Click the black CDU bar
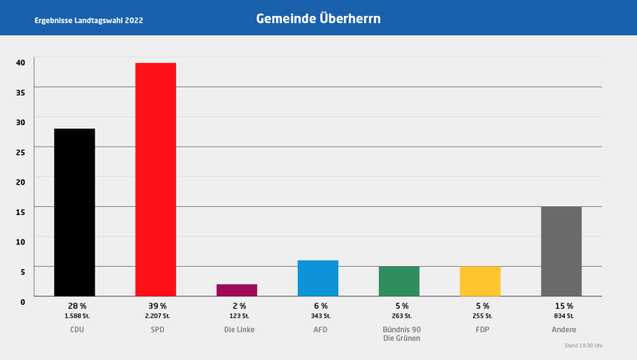74,212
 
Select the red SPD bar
155,179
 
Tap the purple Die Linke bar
236,290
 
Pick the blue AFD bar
318,278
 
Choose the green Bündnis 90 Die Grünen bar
399,281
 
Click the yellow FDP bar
480,281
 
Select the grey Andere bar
561,251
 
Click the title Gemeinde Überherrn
318,18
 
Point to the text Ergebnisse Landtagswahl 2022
89,19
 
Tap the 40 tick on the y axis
21,61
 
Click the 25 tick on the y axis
21,151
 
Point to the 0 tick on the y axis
23,300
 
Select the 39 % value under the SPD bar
157,306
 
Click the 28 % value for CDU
76,306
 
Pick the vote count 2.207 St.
157,316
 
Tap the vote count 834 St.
563,316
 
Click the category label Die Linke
238,329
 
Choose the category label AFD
319,329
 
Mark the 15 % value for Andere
563,306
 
